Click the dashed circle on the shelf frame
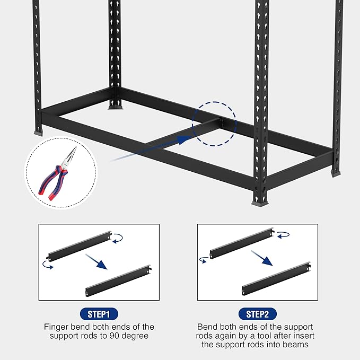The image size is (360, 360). coord(214,124)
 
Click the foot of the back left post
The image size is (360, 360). coord(115,106)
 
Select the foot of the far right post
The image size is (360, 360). coord(336,173)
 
